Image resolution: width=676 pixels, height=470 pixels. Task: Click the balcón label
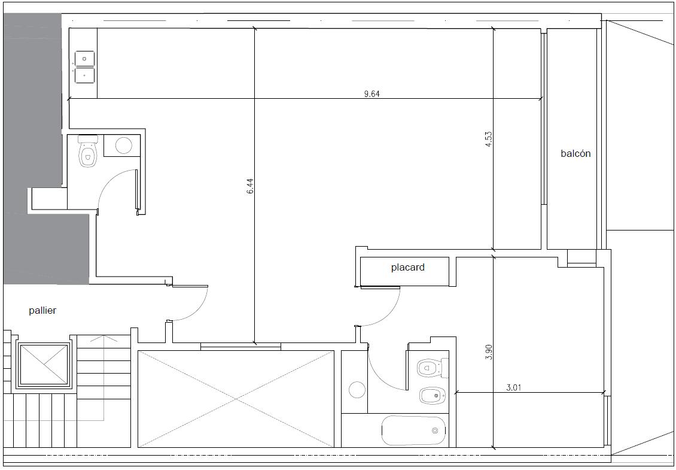coord(575,154)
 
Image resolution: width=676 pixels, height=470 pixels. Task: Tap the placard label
coord(407,268)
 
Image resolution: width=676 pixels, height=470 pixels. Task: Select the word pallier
coord(42,310)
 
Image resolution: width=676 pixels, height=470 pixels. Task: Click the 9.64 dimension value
coord(372,93)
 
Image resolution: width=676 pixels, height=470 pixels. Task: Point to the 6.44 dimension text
coord(251,186)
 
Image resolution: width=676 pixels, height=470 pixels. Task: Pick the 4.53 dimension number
coord(489,140)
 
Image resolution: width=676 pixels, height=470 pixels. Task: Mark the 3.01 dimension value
coord(513,387)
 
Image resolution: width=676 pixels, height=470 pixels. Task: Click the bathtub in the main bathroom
coord(413,430)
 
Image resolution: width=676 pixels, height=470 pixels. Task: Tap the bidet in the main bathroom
coord(433,395)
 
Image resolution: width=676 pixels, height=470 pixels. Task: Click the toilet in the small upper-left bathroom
coord(88,151)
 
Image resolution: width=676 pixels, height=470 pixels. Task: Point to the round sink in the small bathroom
coord(124,145)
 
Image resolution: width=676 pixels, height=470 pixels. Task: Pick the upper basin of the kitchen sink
coord(85,59)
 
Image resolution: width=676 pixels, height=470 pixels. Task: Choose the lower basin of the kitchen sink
coord(85,75)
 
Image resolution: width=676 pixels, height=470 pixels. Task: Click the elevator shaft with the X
coord(44,365)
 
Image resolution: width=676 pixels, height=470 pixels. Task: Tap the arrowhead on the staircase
coord(98,338)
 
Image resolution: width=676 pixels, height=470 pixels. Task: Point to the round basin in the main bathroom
coord(357,390)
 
